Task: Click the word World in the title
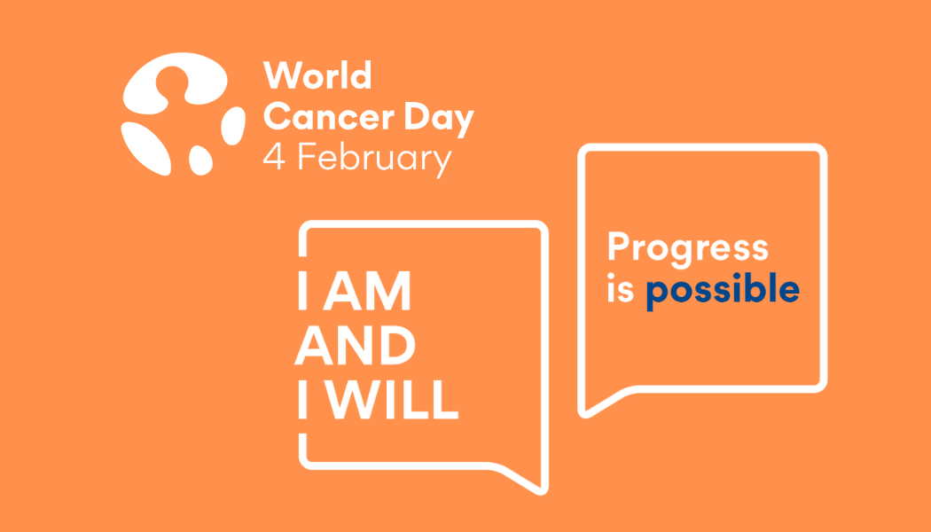[x=317, y=76]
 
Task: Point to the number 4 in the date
[x=274, y=159]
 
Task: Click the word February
[x=373, y=160]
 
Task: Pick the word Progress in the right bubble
[x=687, y=250]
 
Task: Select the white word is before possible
[x=620, y=290]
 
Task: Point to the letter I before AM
[x=303, y=293]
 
